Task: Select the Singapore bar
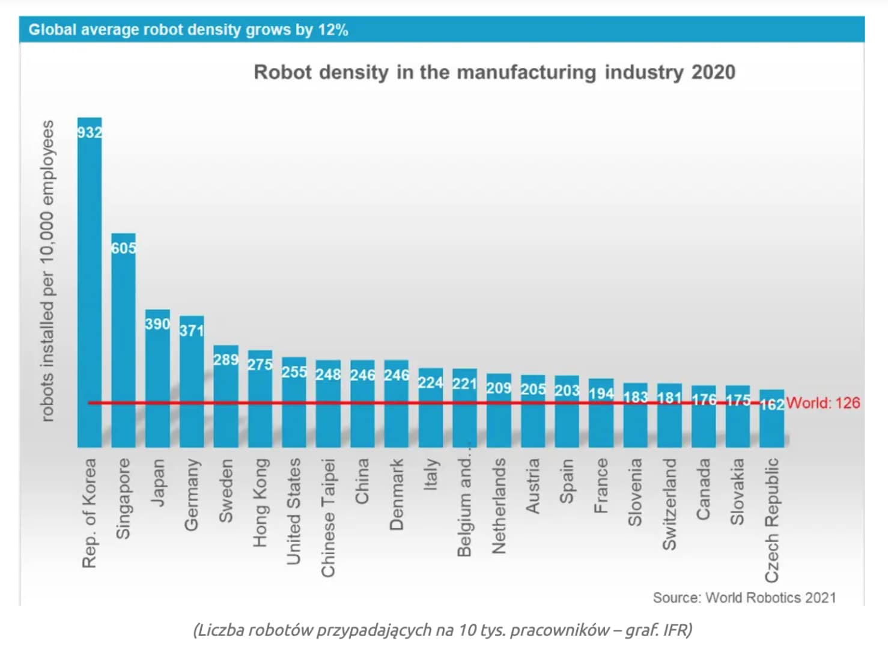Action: [123, 343]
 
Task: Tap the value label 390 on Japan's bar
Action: [157, 324]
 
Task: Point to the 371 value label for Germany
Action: [192, 330]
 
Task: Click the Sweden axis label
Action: [225, 491]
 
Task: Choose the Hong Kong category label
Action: [260, 502]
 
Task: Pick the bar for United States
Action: [294, 403]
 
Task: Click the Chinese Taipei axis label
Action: [328, 517]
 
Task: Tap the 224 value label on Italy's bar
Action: [430, 383]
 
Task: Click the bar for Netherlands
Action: [499, 415]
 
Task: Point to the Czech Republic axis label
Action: [771, 520]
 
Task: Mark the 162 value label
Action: [771, 404]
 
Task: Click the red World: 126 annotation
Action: [823, 403]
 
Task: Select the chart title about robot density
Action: [494, 72]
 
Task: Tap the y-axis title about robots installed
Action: [47, 270]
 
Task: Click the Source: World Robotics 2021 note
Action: [744, 597]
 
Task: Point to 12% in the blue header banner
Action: [333, 29]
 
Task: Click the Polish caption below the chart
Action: [443, 630]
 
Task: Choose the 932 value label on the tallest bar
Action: [90, 132]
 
